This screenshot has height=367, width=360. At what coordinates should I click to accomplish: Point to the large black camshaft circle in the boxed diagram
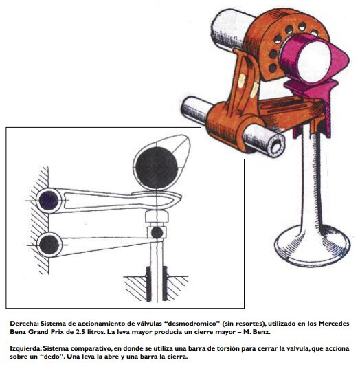click(x=157, y=168)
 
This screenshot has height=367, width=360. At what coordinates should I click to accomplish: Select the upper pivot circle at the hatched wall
click(x=49, y=201)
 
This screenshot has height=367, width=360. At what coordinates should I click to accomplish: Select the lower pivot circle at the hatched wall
click(x=49, y=245)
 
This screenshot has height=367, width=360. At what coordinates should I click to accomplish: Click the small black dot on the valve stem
click(x=157, y=233)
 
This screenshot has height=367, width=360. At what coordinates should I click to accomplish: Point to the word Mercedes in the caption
click(x=334, y=324)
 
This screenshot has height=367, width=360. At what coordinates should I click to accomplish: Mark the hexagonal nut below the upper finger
click(x=157, y=216)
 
